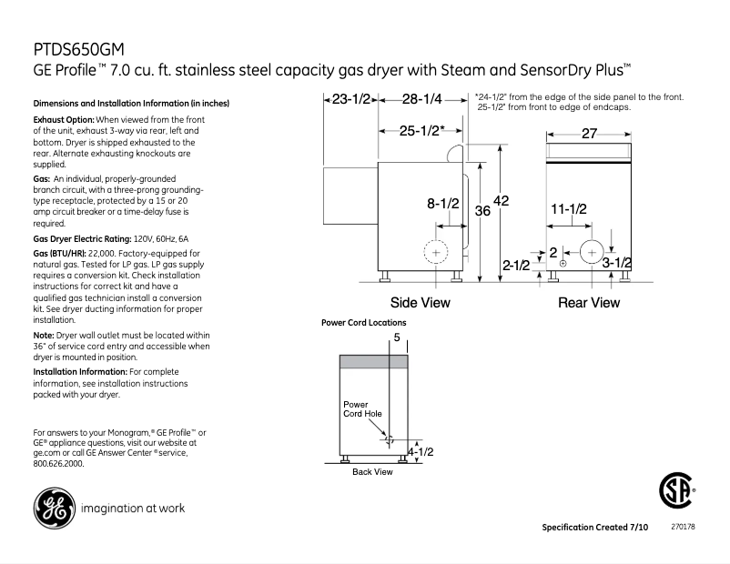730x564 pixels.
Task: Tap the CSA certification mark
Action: click(675, 492)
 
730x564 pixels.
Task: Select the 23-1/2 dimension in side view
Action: click(350, 99)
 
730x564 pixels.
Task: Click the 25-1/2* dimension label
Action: click(422, 131)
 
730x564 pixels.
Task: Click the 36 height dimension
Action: click(482, 211)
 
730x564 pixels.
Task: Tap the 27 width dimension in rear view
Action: click(589, 134)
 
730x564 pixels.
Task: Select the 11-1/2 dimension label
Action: click(569, 209)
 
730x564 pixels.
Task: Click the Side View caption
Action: click(420, 303)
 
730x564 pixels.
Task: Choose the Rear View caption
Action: click(588, 303)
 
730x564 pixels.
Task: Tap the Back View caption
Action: click(372, 472)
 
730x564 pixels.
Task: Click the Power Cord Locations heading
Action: click(364, 323)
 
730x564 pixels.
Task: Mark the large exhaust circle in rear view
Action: click(592, 250)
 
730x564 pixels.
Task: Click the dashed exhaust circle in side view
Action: click(437, 251)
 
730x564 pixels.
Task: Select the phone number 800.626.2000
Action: click(57, 463)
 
